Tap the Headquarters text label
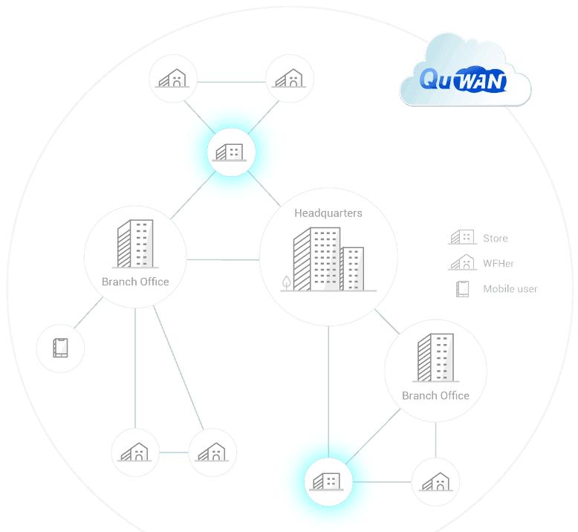click(328, 213)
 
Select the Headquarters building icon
click(328, 259)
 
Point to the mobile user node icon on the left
click(61, 347)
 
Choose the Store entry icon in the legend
click(461, 238)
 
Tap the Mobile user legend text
click(510, 288)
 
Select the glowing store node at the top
click(231, 152)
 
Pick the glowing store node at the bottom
click(328, 481)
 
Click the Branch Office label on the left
click(135, 282)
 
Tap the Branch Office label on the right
click(435, 395)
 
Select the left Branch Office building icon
click(135, 244)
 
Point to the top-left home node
click(173, 78)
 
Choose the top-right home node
click(290, 78)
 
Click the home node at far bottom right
click(435, 481)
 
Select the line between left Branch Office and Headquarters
click(223, 259)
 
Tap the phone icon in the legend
click(462, 288)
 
